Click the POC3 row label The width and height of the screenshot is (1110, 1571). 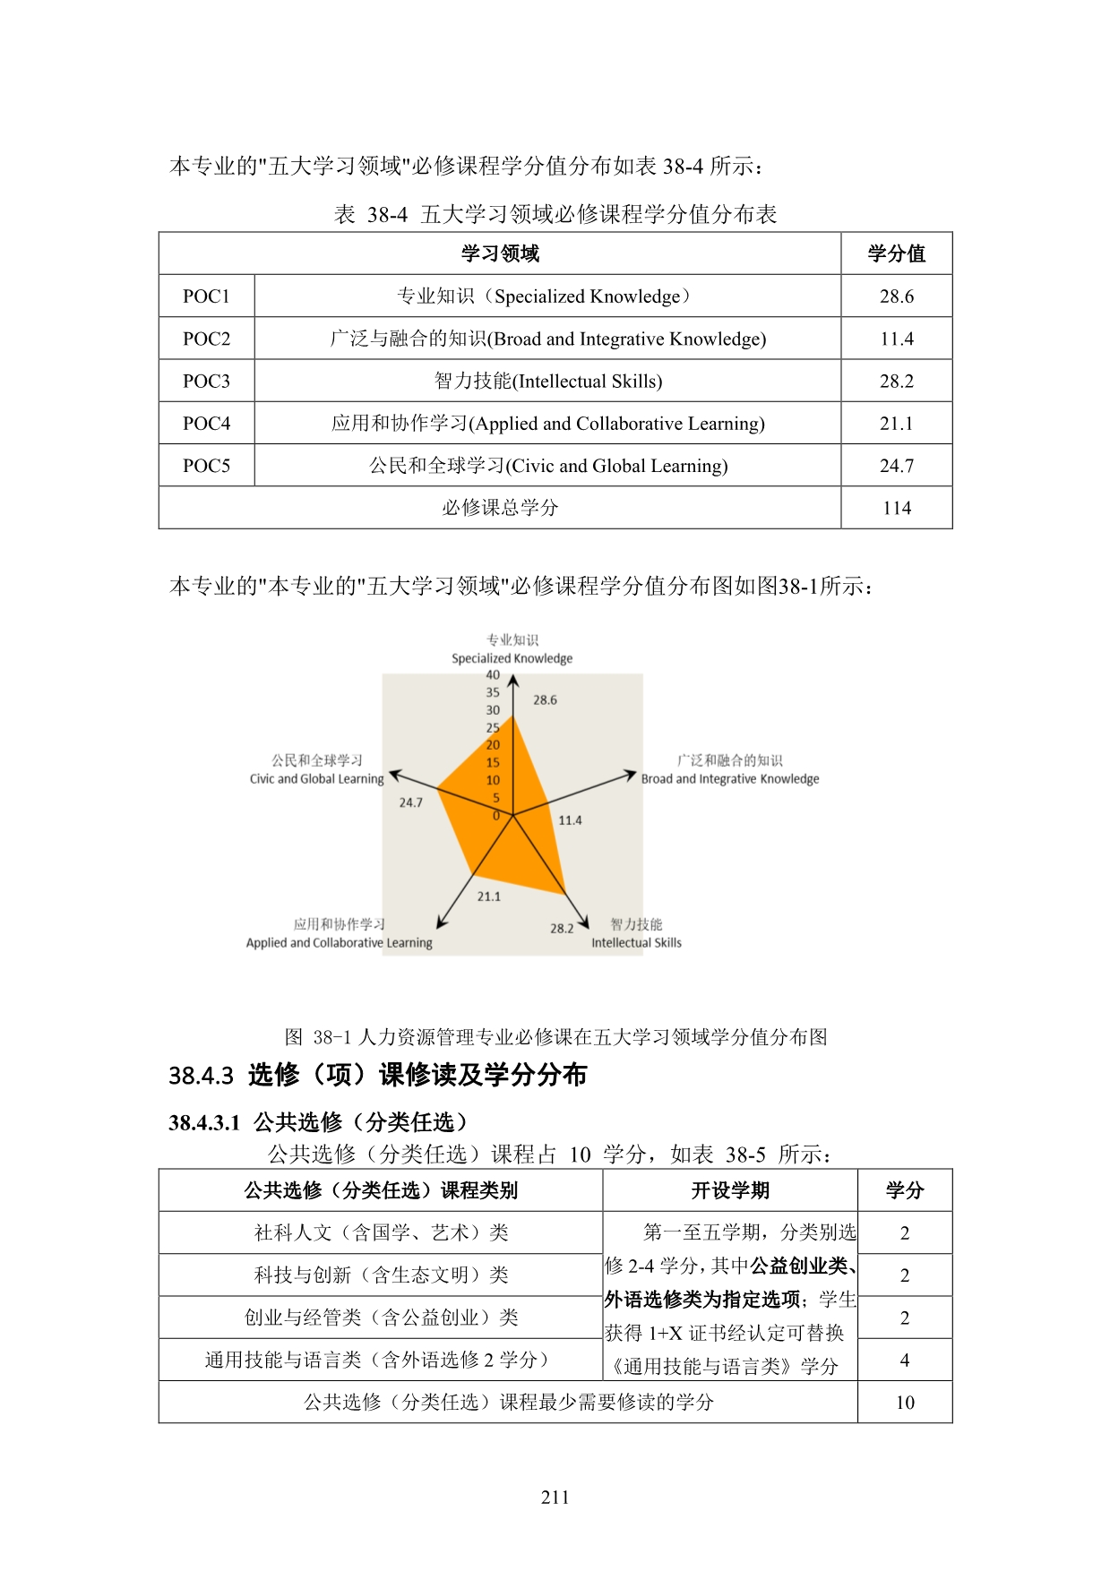206,382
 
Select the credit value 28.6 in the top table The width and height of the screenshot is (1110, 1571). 896,296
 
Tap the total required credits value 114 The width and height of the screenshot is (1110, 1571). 896,509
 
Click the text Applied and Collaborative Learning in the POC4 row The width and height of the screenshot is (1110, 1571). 618,424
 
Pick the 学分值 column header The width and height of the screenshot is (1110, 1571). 896,254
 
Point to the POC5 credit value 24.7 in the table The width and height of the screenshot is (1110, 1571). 896,466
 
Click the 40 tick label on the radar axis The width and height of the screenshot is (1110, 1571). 493,675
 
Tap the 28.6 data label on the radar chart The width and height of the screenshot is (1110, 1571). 545,700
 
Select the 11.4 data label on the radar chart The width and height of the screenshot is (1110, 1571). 570,820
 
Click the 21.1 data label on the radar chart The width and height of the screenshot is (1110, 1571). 489,897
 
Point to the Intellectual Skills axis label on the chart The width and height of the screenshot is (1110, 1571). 636,943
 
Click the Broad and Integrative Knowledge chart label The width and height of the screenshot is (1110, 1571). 730,779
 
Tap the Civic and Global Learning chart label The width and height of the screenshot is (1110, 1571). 316,779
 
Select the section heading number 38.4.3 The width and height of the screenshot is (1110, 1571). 201,1076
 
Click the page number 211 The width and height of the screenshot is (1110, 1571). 555,1498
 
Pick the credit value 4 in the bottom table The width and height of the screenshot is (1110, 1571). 905,1361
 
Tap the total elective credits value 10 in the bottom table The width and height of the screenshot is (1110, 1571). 905,1403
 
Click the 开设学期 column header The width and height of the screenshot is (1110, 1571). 730,1191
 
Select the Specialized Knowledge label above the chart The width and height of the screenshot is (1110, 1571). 512,659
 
